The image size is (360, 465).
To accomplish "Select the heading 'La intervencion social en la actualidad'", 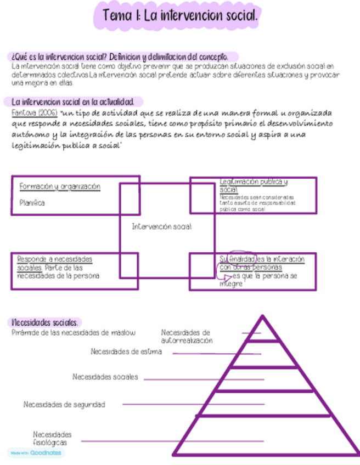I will point(73,102).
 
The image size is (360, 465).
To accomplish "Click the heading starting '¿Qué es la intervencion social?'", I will point(121,56).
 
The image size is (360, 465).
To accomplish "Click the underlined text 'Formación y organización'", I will point(60,186).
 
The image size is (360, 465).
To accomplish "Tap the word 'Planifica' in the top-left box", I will point(32,203).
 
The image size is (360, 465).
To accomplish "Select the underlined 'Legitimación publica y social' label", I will point(254,185).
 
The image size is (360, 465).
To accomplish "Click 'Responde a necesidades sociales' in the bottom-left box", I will point(55,263).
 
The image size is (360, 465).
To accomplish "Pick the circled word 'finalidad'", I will point(242,258).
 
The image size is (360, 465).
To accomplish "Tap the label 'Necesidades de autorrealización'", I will point(187,336).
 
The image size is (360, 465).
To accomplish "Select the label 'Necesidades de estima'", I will point(126,352).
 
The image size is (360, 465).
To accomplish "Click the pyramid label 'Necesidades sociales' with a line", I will point(105,377).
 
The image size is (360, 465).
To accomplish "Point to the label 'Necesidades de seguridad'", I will point(64,405).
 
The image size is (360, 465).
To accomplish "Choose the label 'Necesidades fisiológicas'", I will point(52,438).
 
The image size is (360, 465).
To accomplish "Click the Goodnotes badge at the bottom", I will point(36,453).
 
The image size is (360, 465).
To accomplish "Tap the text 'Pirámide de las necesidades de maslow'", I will point(74,332).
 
